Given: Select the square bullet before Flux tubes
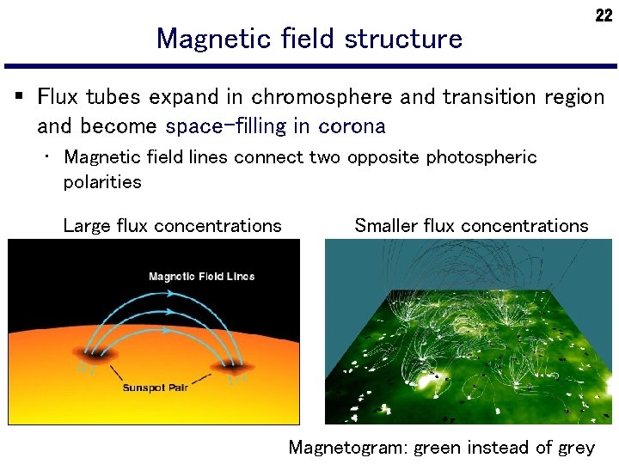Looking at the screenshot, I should click(x=19, y=96).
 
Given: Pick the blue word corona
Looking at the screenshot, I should click(x=352, y=126).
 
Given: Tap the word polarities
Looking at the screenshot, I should click(x=102, y=181).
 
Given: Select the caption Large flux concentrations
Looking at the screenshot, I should click(x=172, y=226).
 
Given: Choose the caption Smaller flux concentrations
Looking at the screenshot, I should click(x=471, y=226).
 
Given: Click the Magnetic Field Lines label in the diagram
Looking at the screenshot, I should click(x=201, y=276).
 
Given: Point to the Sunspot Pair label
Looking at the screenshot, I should click(x=156, y=388).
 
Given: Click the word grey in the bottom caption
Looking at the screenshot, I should click(x=575, y=448).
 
